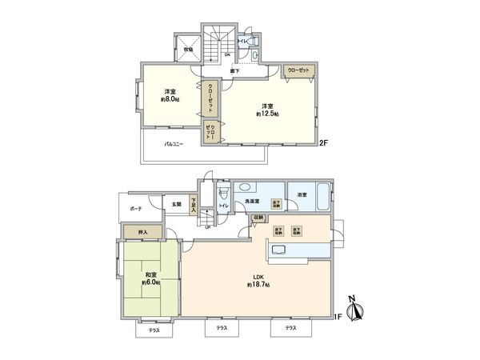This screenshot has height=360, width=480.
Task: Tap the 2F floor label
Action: click(x=324, y=143)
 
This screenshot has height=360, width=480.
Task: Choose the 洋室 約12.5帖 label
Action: click(x=266, y=110)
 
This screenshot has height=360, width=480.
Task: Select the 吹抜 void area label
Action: click(x=189, y=48)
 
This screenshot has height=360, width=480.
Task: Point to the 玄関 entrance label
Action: click(x=176, y=204)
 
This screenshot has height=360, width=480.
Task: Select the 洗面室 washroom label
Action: click(x=251, y=201)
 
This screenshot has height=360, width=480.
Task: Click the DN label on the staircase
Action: click(x=227, y=54)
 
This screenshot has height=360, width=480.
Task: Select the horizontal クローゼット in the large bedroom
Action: click(x=300, y=70)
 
